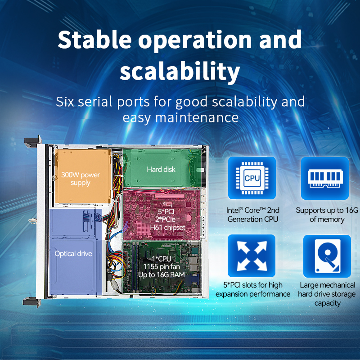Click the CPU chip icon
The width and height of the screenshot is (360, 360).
pyautogui.click(x=252, y=178)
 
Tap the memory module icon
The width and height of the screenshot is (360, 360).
pyautogui.click(x=325, y=178)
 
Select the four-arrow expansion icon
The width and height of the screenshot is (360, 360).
pyautogui.click(x=252, y=256)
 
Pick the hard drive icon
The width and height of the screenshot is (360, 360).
pyautogui.click(x=327, y=256)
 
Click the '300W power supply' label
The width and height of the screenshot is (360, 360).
pyautogui.click(x=81, y=179)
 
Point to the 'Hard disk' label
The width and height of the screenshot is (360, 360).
pyautogui.click(x=161, y=170)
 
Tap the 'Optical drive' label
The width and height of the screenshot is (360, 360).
pyautogui.click(x=73, y=253)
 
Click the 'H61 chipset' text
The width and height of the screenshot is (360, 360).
pyautogui.click(x=167, y=228)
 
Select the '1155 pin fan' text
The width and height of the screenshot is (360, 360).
pyautogui.click(x=162, y=267)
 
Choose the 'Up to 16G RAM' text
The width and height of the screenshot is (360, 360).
pyautogui.click(x=162, y=275)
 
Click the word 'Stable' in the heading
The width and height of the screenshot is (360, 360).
pyautogui.click(x=94, y=40)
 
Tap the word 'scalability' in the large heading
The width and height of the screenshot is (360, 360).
pyautogui.click(x=180, y=71)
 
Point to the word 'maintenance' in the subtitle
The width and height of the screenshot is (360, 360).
pyautogui.click(x=197, y=117)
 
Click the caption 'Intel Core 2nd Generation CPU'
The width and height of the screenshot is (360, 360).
pyautogui.click(x=253, y=215)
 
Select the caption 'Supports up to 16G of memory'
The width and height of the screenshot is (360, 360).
pyautogui.click(x=327, y=215)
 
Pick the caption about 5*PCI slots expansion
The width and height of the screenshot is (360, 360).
pyautogui.click(x=253, y=289)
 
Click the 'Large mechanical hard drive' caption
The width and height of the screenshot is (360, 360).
pyautogui.click(x=327, y=294)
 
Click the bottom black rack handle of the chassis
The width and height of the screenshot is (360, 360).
pyautogui.click(x=32, y=302)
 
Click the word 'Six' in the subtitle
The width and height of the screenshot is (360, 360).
pyautogui.click(x=65, y=102)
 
